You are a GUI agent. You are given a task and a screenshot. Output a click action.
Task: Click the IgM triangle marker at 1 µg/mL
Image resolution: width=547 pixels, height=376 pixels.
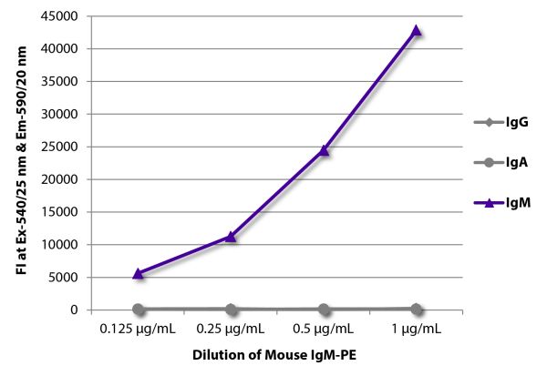pos(416,30)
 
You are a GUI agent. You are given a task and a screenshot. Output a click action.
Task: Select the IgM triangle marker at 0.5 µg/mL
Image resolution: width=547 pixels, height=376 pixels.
pos(324,150)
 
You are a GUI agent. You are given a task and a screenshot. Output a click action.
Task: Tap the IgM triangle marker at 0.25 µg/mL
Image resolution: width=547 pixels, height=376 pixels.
pos(231,237)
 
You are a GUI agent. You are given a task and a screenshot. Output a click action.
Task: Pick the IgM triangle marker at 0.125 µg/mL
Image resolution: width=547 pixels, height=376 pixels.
pos(138,273)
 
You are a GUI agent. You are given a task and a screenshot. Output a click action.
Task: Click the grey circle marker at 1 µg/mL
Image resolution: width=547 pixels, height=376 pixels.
pos(416,310)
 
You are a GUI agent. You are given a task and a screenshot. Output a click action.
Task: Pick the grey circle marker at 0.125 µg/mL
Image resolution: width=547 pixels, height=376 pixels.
pos(138,310)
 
